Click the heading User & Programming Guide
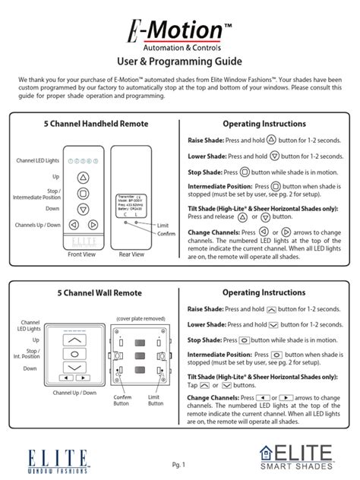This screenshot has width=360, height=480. click(x=180, y=61)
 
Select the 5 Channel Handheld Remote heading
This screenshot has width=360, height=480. click(x=92, y=123)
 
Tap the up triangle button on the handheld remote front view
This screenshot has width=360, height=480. click(x=83, y=176)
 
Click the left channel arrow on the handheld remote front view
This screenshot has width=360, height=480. click(x=72, y=225)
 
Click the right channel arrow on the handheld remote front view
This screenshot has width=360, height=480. click(x=93, y=225)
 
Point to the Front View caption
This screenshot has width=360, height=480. click(x=82, y=254)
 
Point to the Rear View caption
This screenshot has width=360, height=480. click(x=131, y=254)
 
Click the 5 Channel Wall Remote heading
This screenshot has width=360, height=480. click(x=92, y=292)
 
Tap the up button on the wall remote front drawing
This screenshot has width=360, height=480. click(x=74, y=341)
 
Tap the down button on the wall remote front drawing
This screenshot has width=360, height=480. click(x=74, y=368)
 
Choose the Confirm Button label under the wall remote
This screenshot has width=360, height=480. click(x=122, y=399)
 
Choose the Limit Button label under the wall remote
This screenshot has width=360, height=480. click(x=156, y=399)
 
